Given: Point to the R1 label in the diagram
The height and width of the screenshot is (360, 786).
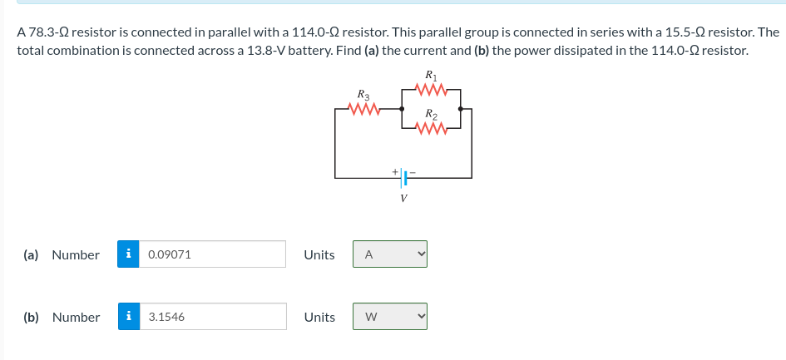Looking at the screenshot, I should pos(430,73).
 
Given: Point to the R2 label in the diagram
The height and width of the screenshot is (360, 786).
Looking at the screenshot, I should pos(431,114).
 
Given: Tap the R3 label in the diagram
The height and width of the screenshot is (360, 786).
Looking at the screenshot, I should pos(363,94).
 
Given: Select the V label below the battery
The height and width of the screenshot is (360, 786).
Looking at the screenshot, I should pos(404,200).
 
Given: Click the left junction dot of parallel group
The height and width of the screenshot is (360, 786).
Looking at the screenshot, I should pos(403,109).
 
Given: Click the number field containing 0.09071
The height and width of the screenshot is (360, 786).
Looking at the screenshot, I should pos(213,254).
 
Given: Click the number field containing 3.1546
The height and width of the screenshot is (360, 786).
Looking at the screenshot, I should pos(213,317).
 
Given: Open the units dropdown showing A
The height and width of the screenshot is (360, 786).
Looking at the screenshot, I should pos(390,254).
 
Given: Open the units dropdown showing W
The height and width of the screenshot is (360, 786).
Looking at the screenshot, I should pos(390,317).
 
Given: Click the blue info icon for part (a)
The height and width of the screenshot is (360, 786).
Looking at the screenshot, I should pos(128,254).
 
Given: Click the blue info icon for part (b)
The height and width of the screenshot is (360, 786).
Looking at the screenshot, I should pos(128,317).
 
